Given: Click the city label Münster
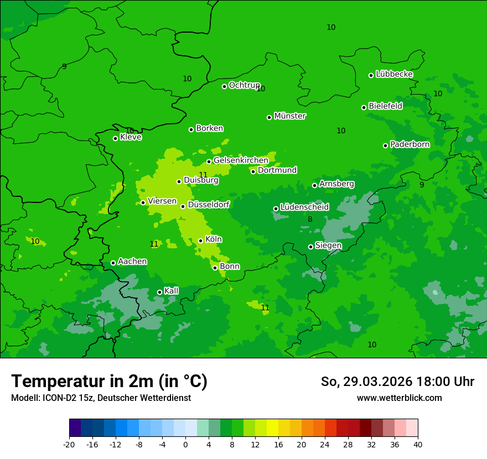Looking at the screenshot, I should point(290,116).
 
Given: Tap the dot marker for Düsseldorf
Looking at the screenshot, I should point(183,206).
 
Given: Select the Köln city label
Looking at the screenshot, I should point(214,239).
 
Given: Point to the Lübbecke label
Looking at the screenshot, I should point(394,74).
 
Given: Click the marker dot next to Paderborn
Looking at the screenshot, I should point(386,145).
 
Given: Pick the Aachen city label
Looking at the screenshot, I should point(132,262).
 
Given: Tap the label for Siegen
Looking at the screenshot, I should point(328,246).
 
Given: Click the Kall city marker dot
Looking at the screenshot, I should point(159,292).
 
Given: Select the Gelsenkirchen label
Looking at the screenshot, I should point(241,160).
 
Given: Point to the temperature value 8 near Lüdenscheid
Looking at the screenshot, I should point(310,220).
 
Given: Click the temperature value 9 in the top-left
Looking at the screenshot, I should point(64,66).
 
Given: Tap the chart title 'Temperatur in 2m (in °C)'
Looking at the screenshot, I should point(110,382).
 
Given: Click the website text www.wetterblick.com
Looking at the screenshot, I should point(399,398).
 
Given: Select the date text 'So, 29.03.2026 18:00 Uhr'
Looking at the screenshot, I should point(397,382).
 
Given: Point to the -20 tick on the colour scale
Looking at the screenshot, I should point(69,445).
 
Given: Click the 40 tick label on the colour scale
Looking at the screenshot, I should point(417,445).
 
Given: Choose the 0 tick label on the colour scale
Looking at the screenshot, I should point(185,445).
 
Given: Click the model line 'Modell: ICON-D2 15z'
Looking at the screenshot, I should point(101,398).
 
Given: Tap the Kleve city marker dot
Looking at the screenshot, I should point(115,138).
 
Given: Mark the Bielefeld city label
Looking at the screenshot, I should point(385,106).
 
